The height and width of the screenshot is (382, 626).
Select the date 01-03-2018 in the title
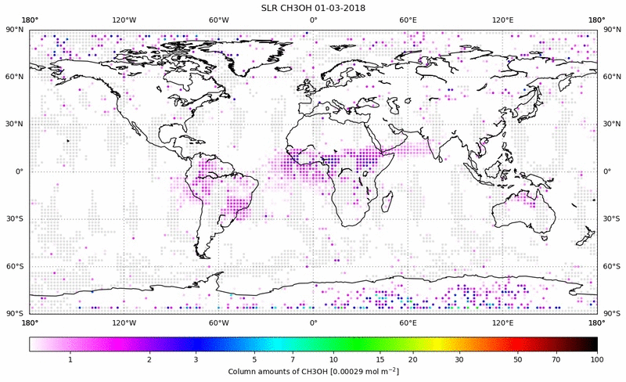point(342,8)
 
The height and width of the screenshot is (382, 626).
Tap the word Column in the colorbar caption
point(243,370)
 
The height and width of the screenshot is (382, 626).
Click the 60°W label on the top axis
point(218,20)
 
